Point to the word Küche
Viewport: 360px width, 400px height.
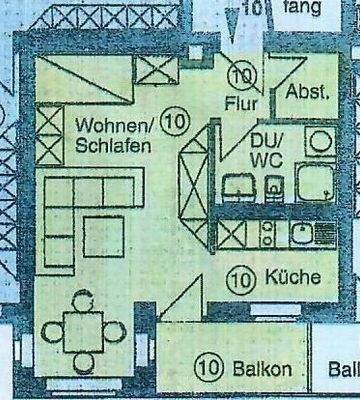click(293, 278)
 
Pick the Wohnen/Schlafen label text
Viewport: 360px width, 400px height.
click(112, 135)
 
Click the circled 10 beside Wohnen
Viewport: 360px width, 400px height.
click(172, 125)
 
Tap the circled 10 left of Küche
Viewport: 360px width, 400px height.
click(239, 278)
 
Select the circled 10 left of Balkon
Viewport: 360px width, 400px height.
click(207, 369)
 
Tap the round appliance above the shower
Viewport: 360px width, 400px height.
click(319, 142)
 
